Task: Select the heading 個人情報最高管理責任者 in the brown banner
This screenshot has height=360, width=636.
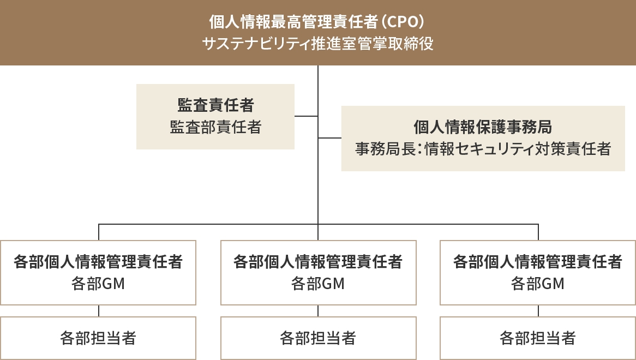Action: coord(293,22)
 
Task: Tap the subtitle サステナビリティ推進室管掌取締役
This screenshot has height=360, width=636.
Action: coord(318,44)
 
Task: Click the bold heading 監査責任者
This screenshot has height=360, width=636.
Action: coord(215,105)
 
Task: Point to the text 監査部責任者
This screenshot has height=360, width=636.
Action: coord(215,127)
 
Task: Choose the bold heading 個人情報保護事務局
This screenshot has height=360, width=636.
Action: coord(483,127)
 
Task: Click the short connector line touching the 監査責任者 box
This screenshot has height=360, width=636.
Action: coord(306,116)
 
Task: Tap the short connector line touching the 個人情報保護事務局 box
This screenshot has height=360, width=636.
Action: coord(329,139)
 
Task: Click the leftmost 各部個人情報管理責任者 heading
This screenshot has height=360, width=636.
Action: coord(98,262)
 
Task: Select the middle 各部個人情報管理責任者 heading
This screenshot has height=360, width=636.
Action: coord(318,262)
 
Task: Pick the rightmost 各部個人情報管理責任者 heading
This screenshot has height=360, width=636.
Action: coord(538,262)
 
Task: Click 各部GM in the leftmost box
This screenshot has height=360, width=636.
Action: coord(98,284)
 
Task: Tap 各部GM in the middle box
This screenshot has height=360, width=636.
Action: coord(318,284)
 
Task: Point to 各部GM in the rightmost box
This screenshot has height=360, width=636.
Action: coord(538,284)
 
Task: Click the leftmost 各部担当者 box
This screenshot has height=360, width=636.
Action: coord(98,338)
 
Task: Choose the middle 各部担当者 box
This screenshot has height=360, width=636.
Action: coord(318,338)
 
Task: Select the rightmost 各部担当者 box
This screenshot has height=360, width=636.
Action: coord(538,338)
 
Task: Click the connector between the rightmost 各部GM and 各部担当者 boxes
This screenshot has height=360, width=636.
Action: coord(538,311)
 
